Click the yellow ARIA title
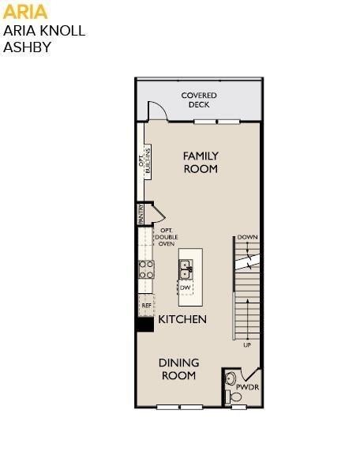point(24,12)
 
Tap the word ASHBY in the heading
point(27,47)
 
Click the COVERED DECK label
point(199,100)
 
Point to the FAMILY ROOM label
point(201,162)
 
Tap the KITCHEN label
point(182,319)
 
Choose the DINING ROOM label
point(179,369)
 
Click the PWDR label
point(247,387)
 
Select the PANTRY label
point(141,214)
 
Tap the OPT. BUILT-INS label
point(144,160)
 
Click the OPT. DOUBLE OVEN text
point(167,237)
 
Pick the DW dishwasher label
point(185,288)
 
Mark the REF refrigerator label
point(146,305)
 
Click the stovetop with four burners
point(146,269)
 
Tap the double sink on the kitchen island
point(186,269)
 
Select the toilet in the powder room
point(234,397)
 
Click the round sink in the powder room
point(231,378)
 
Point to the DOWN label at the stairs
point(247,237)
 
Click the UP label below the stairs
point(247,345)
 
